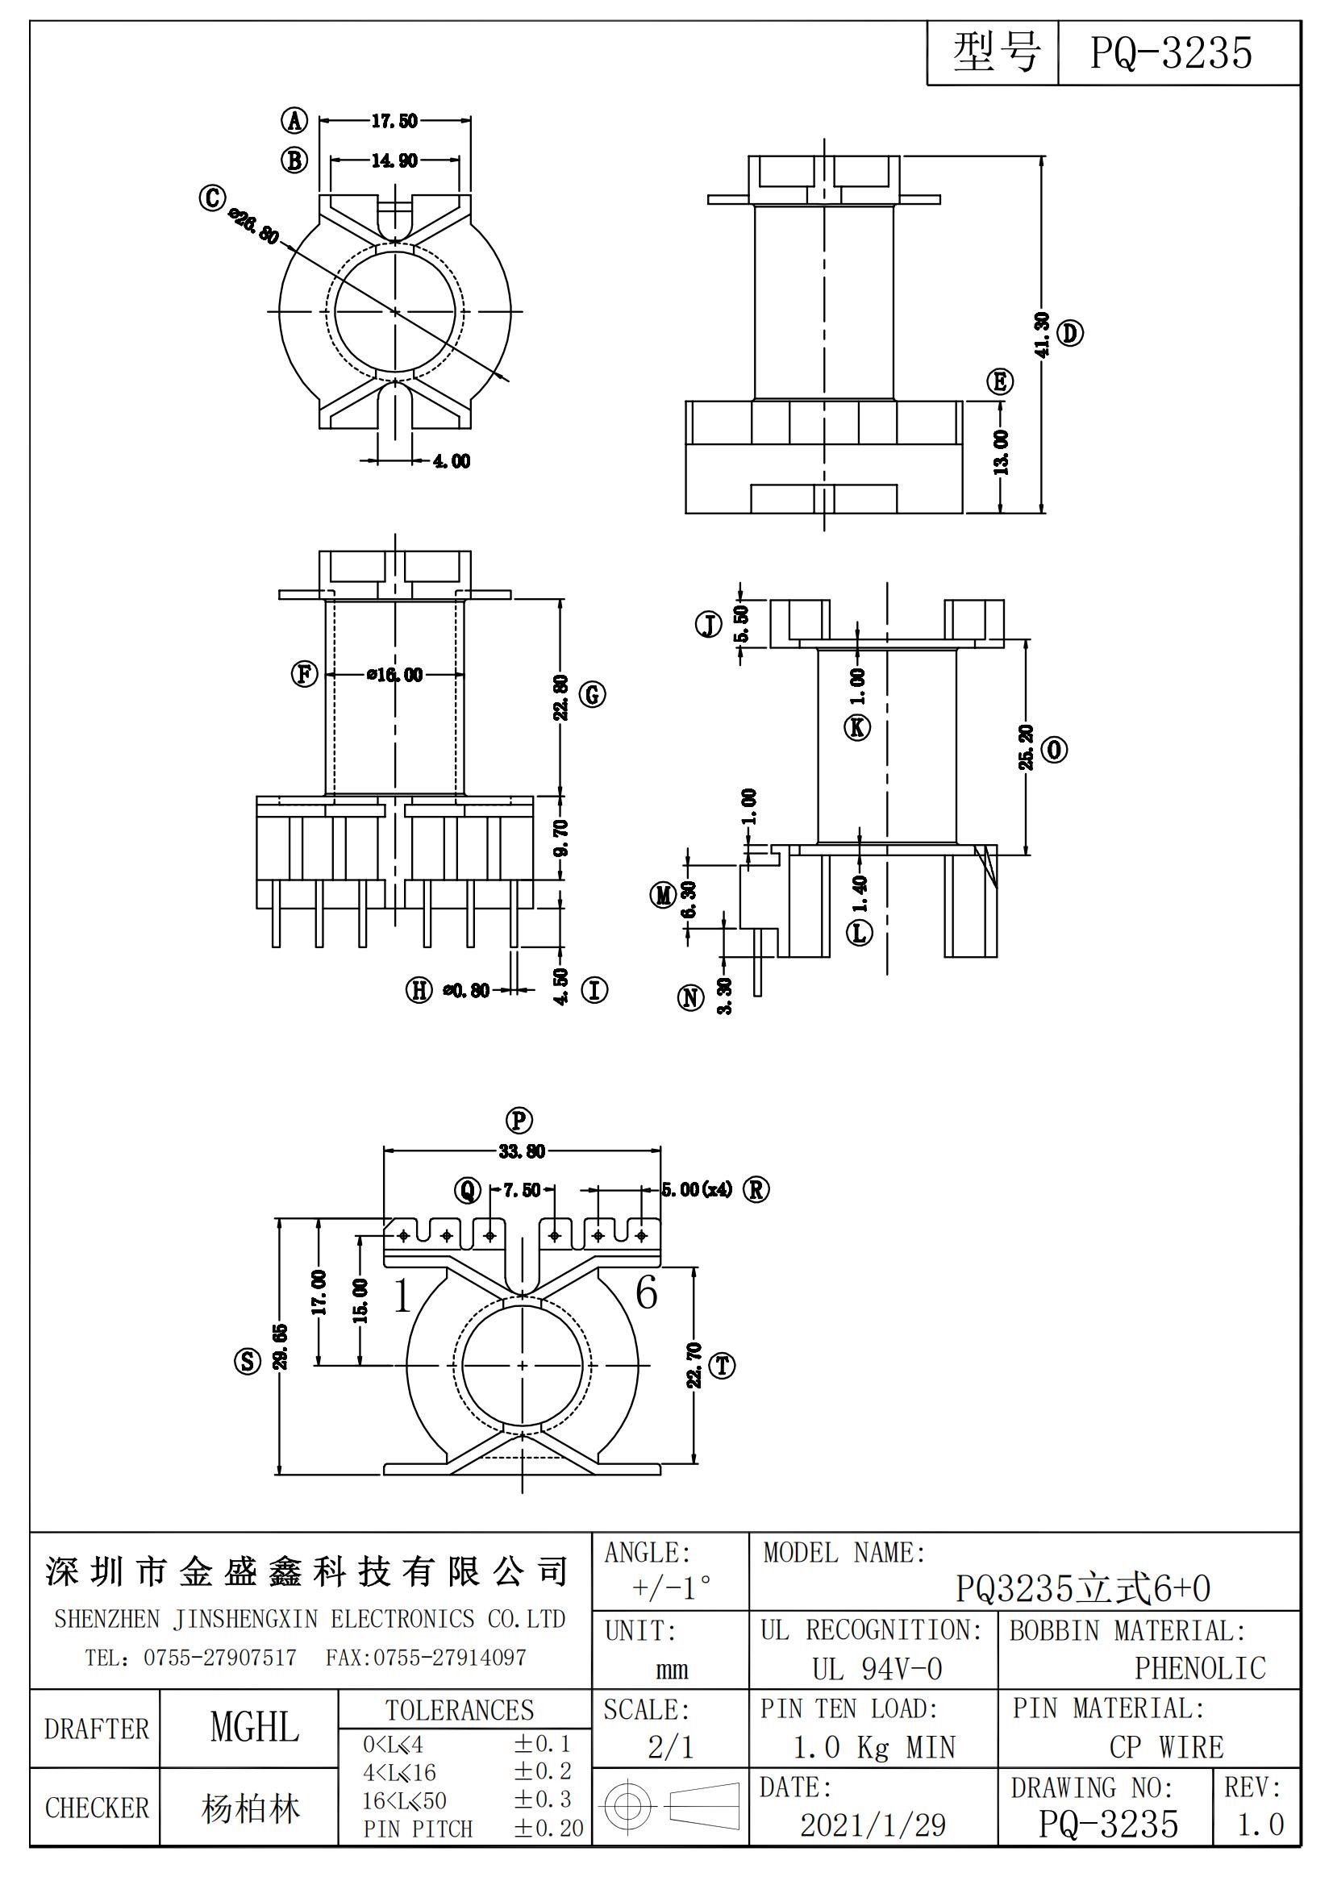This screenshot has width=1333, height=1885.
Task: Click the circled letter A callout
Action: click(294, 122)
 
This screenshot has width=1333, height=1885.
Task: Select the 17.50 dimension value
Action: click(394, 122)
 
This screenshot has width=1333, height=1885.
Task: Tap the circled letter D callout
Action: click(1070, 333)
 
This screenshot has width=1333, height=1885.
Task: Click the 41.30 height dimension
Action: click(1041, 334)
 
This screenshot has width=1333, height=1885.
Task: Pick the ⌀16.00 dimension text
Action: click(395, 675)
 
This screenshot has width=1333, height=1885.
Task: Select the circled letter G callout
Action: click(592, 695)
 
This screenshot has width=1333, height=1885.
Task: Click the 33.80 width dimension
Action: click(522, 1151)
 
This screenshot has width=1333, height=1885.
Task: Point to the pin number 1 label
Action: click(402, 1297)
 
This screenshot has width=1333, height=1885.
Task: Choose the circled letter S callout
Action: click(248, 1361)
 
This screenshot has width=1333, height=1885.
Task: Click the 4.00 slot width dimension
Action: click(452, 461)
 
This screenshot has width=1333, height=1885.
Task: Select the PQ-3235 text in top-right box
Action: click(1171, 53)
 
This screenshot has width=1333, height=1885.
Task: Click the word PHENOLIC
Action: click(1200, 1667)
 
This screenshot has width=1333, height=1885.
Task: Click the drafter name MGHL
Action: click(254, 1727)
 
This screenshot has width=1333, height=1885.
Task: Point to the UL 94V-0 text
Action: click(877, 1668)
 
